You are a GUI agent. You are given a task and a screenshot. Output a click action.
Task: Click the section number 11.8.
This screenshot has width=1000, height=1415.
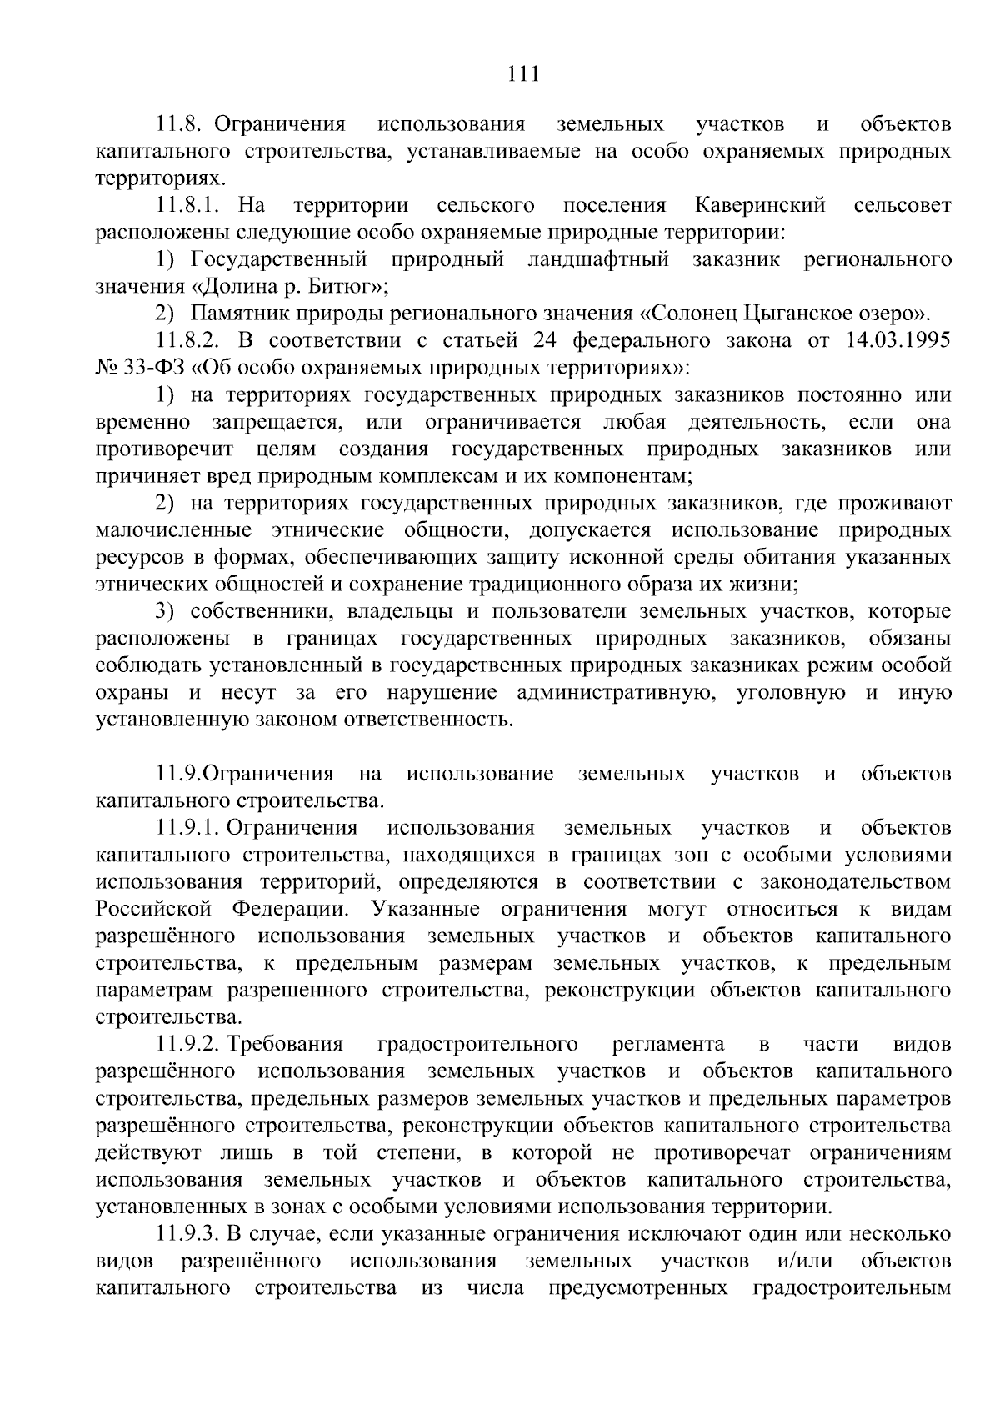pos(181,125)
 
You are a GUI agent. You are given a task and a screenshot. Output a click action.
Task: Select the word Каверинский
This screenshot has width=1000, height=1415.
pos(759,205)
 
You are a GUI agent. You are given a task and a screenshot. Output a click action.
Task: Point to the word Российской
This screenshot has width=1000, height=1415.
pos(152,909)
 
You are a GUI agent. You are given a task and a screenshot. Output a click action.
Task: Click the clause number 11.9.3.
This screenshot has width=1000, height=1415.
pos(187,1233)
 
